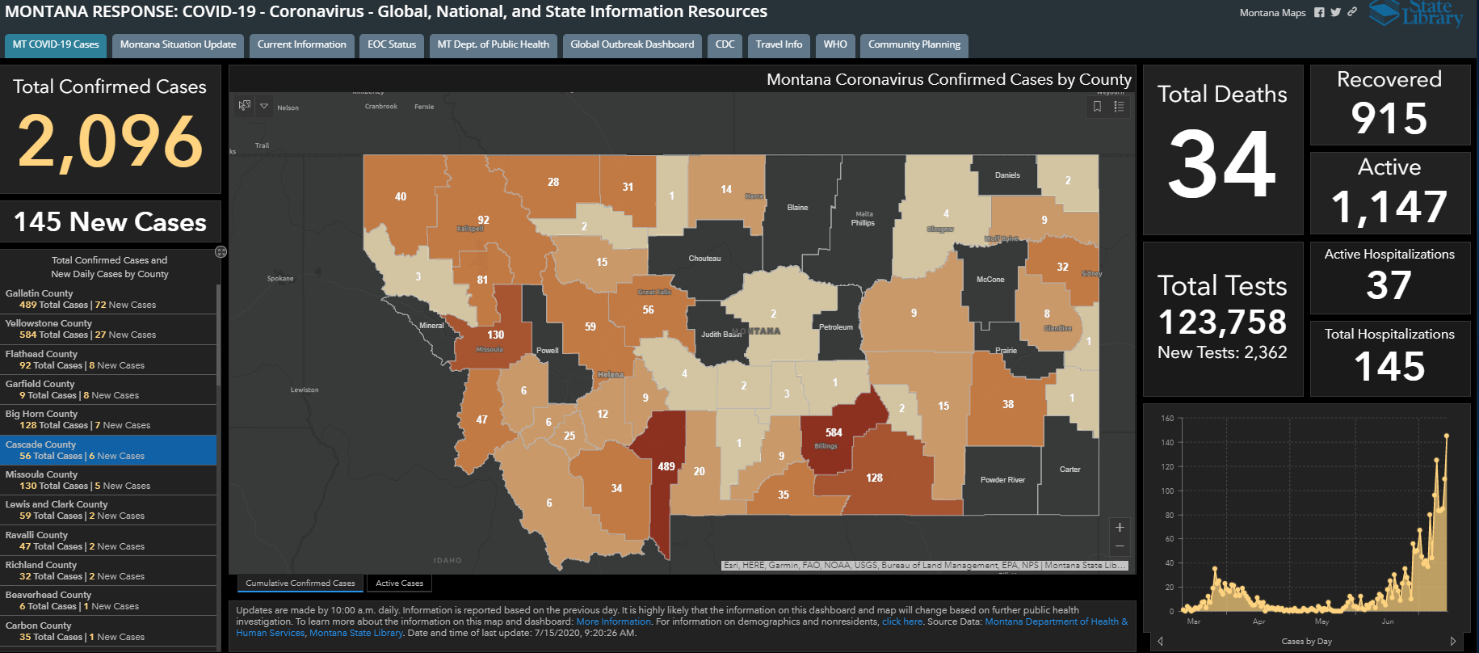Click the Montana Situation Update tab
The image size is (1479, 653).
(178, 44)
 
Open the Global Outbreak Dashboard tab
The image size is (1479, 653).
(632, 44)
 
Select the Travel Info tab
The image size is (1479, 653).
(779, 44)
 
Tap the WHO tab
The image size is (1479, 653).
(835, 44)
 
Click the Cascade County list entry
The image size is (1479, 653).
(108, 450)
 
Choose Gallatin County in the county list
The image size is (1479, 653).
(108, 299)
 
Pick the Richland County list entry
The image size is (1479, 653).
(108, 571)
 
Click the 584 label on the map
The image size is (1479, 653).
(834, 433)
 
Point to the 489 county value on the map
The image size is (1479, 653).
(666, 466)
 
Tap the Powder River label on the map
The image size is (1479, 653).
(1002, 480)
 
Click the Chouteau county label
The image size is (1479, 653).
(704, 259)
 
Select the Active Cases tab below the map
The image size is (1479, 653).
(399, 583)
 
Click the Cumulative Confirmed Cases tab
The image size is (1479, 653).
(300, 583)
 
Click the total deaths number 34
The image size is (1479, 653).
(1222, 166)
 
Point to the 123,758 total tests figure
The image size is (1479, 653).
(1222, 322)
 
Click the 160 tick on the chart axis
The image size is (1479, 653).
(1167, 419)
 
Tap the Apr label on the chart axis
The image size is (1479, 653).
(1258, 621)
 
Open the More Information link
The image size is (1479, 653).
(613, 621)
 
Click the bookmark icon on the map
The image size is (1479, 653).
(1097, 107)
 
